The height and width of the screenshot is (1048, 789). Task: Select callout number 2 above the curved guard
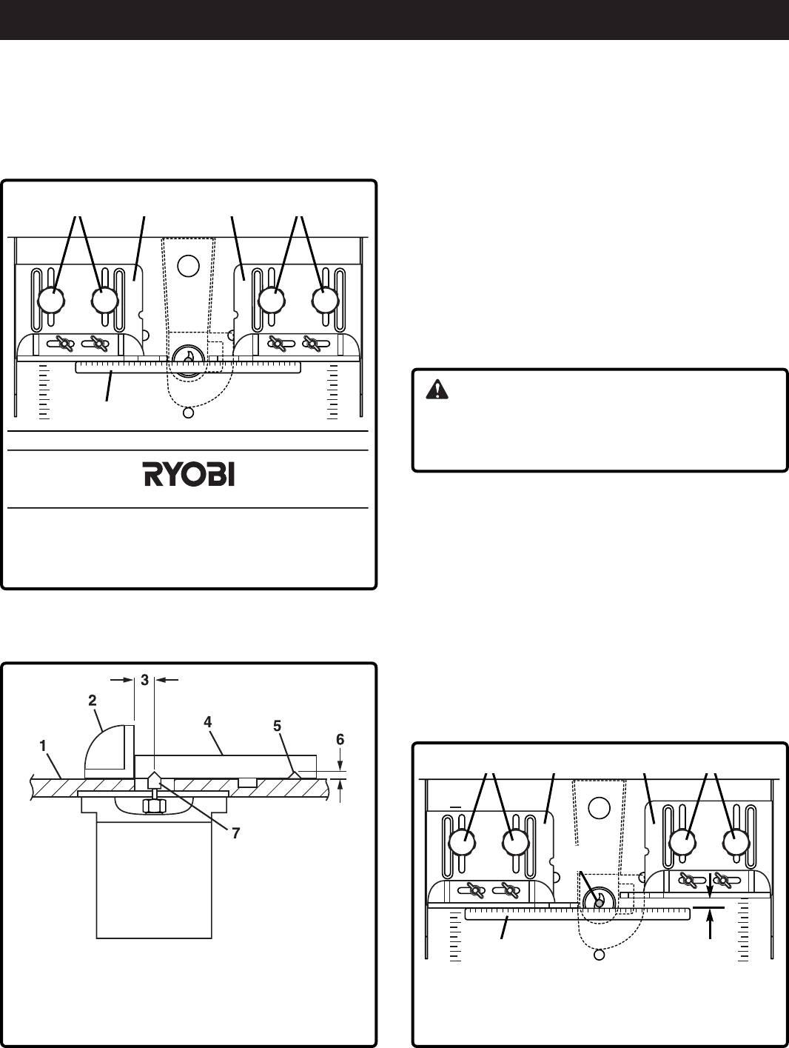[93, 699]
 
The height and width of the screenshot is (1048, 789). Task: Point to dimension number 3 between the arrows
[144, 679]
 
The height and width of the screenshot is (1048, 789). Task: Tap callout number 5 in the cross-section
[279, 727]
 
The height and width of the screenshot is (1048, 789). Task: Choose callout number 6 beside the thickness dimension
[340, 739]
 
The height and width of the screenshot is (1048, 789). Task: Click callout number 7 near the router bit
[235, 832]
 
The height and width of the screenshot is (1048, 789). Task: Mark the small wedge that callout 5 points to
[294, 774]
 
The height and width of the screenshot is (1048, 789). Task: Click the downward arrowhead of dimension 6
[340, 767]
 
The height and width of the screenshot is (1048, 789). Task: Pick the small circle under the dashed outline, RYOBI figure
[188, 413]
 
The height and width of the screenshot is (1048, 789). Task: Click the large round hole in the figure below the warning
[600, 807]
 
